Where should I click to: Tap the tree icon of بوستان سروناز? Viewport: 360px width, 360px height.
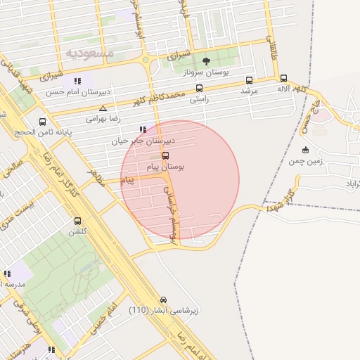tap(206, 61)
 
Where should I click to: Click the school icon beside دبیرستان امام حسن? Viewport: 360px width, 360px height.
tap(77, 80)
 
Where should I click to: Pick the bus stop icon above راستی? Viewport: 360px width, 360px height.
tap(200, 89)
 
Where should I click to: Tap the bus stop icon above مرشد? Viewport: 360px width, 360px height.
tap(249, 80)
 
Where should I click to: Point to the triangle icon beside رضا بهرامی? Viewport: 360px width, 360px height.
tap(103, 108)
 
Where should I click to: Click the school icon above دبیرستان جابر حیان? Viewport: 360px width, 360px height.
tap(143, 129)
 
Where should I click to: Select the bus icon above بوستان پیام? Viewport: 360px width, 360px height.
tap(165, 155)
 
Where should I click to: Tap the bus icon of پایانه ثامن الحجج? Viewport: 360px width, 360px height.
tap(43, 122)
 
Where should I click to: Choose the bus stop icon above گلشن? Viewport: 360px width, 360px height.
tap(77, 221)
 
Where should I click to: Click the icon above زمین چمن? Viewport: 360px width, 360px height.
tap(305, 149)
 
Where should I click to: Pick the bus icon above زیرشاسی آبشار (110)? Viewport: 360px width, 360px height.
tap(164, 299)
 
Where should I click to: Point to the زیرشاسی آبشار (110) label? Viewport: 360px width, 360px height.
tap(164, 310)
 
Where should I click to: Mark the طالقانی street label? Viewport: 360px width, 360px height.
tap(271, 49)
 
